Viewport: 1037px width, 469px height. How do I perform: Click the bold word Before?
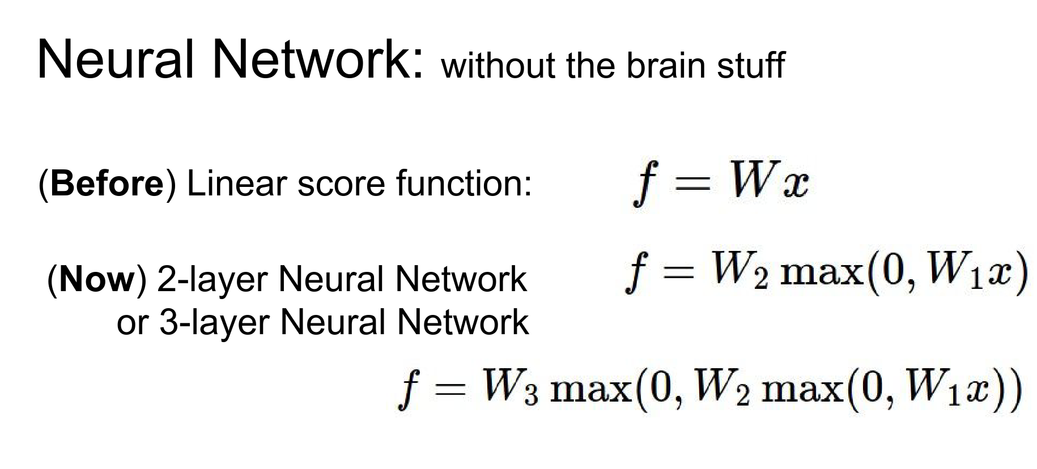pos(107,184)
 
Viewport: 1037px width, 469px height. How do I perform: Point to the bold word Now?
pos(97,279)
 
